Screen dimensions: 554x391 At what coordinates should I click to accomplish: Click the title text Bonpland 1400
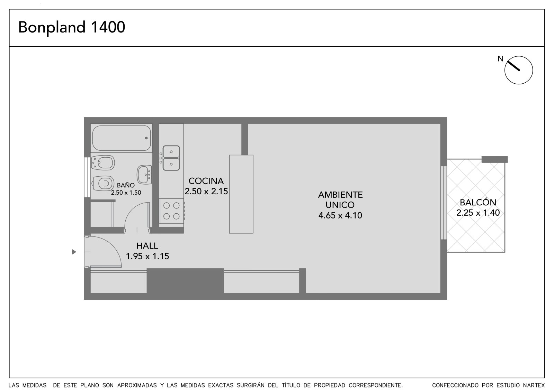pos(72,27)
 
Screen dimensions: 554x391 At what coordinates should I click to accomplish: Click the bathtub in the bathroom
pos(122,138)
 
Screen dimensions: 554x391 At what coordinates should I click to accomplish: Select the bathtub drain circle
pos(146,138)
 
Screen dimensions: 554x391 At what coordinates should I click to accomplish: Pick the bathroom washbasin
pos(144,175)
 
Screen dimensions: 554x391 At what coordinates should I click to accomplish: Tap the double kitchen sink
pos(171,158)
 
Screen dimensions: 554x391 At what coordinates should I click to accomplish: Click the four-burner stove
pos(172,211)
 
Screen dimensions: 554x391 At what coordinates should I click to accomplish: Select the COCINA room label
pos(206,181)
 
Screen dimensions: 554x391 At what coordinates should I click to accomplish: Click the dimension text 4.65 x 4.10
pos(340,215)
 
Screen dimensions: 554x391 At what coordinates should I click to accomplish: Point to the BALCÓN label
pos(478,202)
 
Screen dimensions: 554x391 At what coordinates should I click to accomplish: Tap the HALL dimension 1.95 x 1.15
pos(148,256)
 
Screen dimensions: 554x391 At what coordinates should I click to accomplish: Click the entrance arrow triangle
pos(74,252)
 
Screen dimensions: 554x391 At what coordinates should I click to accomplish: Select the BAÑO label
pos(126,185)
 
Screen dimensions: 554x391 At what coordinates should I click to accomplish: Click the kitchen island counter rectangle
pos(241,194)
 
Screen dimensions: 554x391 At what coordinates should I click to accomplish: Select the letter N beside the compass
pos(500,59)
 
